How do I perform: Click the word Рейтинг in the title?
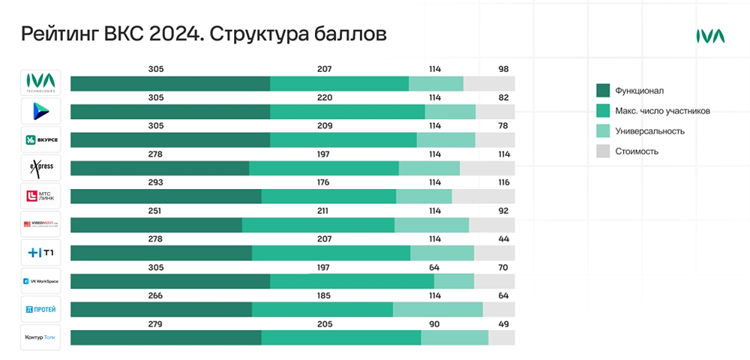[x=59, y=34]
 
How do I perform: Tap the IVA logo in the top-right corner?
[x=709, y=36]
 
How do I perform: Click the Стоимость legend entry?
[x=637, y=151]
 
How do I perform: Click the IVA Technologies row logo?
[x=40, y=82]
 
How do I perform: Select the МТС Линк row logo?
[x=40, y=196]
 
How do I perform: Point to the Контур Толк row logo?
[x=40, y=337]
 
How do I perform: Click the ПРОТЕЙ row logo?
[x=40, y=309]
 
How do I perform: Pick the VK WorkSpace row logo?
[x=40, y=281]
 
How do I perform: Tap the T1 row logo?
[x=40, y=253]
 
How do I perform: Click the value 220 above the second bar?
[x=325, y=97]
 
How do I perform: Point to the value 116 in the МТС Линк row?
[x=503, y=182]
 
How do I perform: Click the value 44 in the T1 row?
[x=503, y=239]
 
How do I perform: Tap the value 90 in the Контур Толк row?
[x=435, y=324]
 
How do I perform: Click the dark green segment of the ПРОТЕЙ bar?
[x=161, y=310]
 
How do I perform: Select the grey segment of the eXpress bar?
[x=487, y=168]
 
